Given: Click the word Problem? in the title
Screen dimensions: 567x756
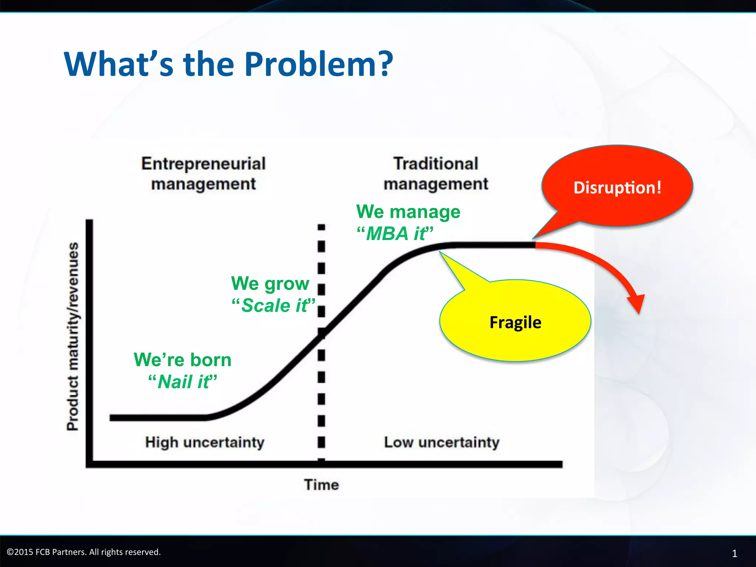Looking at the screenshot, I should point(319,64).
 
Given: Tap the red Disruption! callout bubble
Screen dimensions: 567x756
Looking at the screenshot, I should point(617,187).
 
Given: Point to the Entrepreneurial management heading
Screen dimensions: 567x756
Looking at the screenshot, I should point(203,173).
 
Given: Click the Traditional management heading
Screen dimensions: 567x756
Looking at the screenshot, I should point(436,173).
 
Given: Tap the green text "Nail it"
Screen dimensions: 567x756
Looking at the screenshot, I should point(183,381).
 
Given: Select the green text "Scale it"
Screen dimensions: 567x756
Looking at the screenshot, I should point(274,305).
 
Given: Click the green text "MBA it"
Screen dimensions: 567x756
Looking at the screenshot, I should point(395,233).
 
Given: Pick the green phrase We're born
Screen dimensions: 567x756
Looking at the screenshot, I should point(183,360).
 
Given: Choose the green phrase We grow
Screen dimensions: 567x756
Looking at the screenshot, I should point(270,283).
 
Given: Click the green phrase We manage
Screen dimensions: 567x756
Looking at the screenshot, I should point(408,212).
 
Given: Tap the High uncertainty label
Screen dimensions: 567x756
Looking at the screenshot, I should point(205,442).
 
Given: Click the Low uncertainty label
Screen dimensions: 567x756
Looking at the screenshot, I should point(441,442).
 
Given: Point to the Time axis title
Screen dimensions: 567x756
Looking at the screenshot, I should point(321,485).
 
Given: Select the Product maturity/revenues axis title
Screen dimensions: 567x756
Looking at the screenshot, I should point(73,336).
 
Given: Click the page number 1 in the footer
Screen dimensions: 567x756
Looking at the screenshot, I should point(734,553).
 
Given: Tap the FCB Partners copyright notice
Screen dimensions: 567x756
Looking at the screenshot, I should point(84,552).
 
